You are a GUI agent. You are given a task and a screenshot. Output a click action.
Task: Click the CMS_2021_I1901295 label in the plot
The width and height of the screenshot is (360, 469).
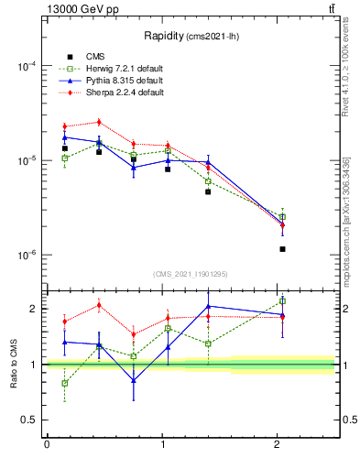click(191, 274)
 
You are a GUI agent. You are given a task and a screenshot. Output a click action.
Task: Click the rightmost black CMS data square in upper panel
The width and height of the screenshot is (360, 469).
click(282, 249)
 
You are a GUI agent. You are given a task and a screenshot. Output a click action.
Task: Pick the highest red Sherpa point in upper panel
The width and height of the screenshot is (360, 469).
click(99, 122)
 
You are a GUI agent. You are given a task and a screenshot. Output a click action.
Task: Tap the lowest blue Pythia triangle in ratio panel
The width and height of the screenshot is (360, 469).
click(134, 380)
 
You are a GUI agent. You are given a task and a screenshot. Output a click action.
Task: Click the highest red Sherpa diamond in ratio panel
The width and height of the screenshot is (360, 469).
click(99, 305)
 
